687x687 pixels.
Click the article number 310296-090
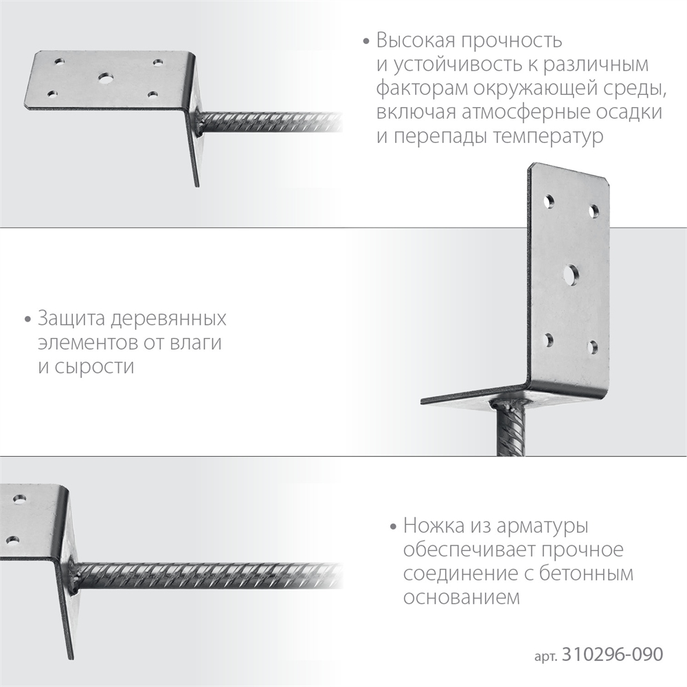tap(611, 654)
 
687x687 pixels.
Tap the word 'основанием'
tap(459, 597)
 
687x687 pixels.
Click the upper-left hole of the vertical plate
tap(550, 202)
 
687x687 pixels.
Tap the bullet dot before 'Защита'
tap(27, 320)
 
